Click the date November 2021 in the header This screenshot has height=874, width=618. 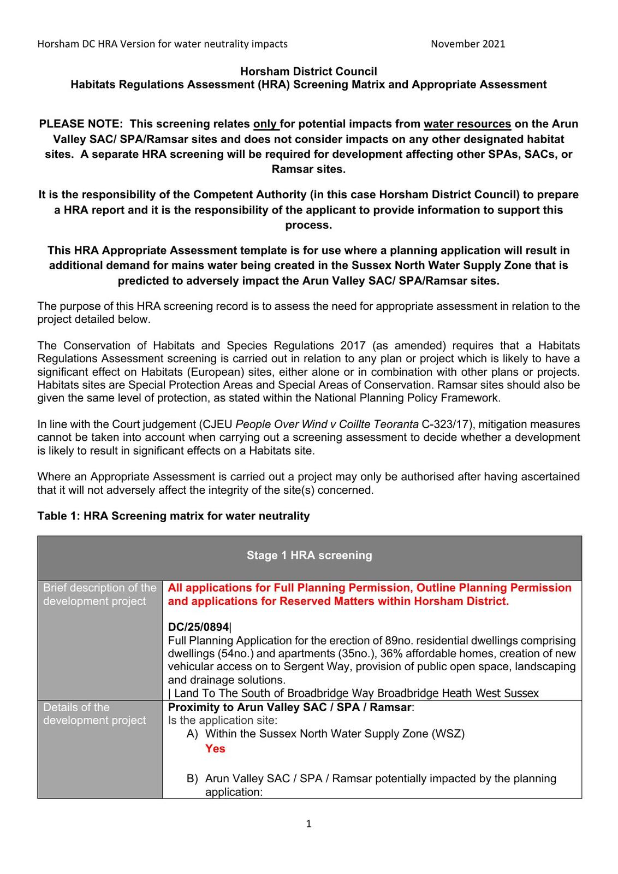[467, 44]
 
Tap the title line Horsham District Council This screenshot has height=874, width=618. [308, 72]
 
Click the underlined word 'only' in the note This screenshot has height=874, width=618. [265, 124]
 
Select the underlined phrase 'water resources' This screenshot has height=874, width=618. [467, 124]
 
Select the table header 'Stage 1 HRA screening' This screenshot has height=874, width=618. [309, 556]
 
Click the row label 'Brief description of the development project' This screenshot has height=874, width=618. [99, 594]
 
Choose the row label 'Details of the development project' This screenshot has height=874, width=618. [94, 714]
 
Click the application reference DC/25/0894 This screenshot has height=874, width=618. [198, 628]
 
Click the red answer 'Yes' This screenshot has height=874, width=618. [215, 749]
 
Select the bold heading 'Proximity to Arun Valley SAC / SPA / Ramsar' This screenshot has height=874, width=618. [290, 707]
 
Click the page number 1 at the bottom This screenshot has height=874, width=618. [308, 824]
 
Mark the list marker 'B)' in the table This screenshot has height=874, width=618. [192, 779]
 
